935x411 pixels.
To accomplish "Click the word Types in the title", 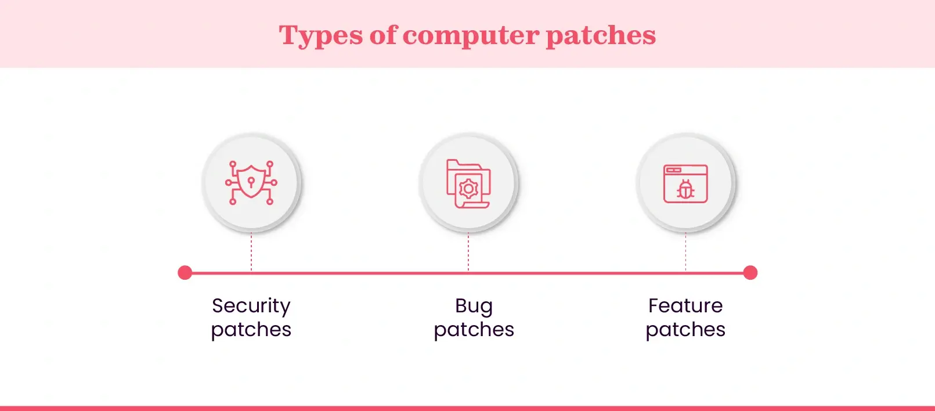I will pyautogui.click(x=320, y=36).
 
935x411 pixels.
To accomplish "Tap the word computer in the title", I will pyautogui.click(x=471, y=36).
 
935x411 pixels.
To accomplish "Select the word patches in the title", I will pyautogui.click(x=601, y=36).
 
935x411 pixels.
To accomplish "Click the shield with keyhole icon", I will pyautogui.click(x=251, y=183).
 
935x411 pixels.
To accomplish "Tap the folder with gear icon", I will pyautogui.click(x=468, y=183).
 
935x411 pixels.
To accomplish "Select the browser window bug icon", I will pyautogui.click(x=685, y=183).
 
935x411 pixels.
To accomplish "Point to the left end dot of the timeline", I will pyautogui.click(x=185, y=273).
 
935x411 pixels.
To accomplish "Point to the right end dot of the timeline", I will pyautogui.click(x=750, y=273).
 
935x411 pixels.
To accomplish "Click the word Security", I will pyautogui.click(x=251, y=306).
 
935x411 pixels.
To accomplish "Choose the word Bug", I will pyautogui.click(x=474, y=306).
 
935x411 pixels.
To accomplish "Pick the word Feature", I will pyautogui.click(x=685, y=305).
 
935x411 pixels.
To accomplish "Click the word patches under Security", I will pyautogui.click(x=251, y=330).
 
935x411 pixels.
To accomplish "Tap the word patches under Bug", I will pyautogui.click(x=474, y=330).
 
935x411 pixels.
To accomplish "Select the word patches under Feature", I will pyautogui.click(x=685, y=330).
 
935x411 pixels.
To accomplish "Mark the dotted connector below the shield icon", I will pyautogui.click(x=251, y=252).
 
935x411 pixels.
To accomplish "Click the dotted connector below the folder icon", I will pyautogui.click(x=468, y=252).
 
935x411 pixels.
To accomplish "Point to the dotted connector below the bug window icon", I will pyautogui.click(x=685, y=252).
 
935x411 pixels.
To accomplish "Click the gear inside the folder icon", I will pyautogui.click(x=468, y=189).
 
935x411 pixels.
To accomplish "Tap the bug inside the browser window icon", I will pyautogui.click(x=685, y=190).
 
